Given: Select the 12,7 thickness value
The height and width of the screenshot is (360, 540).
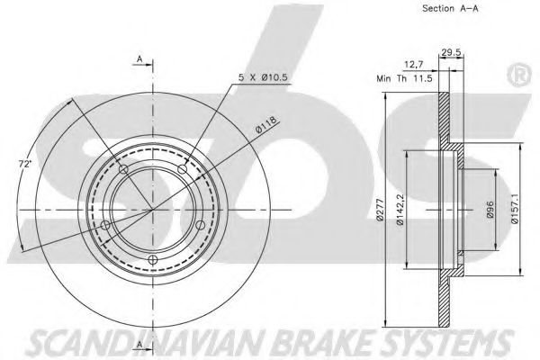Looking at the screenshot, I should coord(415,64).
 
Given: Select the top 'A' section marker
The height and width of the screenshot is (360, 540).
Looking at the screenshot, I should coord(140,59).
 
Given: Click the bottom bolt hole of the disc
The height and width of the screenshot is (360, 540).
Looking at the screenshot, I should coord(152,261).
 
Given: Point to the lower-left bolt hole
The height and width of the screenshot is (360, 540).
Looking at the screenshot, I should coord(105,225).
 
